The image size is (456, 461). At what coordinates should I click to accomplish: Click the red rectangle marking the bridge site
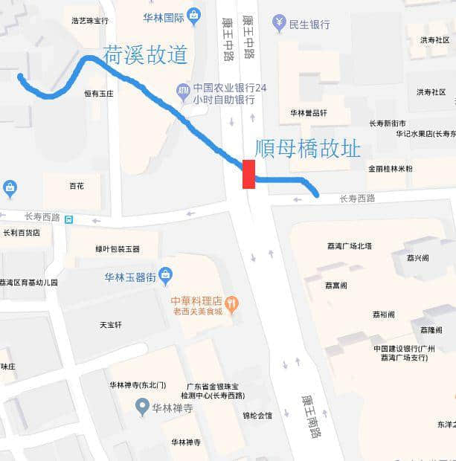248,174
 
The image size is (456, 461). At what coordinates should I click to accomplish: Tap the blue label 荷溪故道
145,54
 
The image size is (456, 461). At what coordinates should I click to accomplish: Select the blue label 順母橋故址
307,149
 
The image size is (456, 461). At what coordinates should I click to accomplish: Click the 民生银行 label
309,25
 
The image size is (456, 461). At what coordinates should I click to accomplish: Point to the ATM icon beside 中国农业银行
183,91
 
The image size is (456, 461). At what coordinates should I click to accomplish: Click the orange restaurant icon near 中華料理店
232,302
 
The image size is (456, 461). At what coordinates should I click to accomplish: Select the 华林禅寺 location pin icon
143,406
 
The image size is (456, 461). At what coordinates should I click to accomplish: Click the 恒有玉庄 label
99,94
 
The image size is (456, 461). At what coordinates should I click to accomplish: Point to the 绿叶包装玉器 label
117,249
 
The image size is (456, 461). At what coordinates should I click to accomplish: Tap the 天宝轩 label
110,325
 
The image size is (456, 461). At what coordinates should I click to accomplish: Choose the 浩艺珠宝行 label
86,21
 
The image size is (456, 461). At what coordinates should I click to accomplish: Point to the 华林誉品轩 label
308,112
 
